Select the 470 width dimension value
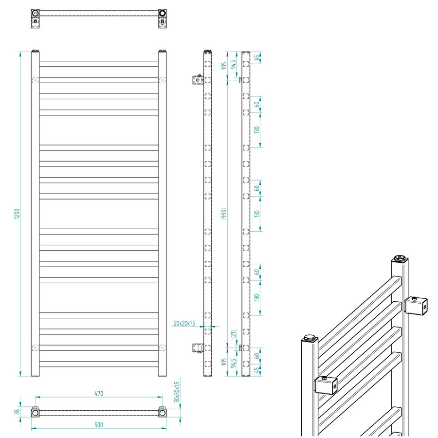pos(99,394)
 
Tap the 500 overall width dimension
pos(99,425)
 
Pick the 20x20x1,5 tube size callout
pos(184,323)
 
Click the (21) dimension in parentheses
pos(234,334)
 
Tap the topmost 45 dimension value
pos(257,57)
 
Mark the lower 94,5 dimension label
pos(234,363)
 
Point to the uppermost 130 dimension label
pos(257,130)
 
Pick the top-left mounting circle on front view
pos(35,79)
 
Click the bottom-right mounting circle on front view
pos(162,347)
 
